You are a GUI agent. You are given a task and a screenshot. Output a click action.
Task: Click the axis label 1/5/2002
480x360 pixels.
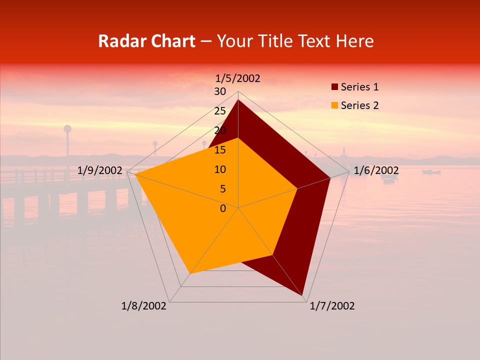point(237,78)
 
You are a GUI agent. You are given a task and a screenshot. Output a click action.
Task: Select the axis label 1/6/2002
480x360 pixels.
point(376,171)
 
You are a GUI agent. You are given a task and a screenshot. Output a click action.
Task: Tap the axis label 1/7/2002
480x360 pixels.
point(332,306)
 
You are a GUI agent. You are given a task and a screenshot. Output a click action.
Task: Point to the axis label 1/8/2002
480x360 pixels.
point(144,306)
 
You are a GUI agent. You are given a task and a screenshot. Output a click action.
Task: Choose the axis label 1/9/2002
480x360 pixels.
point(100,170)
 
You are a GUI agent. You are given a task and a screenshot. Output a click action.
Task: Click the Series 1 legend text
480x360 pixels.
point(359,87)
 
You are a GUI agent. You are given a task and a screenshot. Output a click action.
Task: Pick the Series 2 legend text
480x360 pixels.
point(359,105)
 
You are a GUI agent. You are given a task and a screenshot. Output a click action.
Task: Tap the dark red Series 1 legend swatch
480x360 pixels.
point(335,87)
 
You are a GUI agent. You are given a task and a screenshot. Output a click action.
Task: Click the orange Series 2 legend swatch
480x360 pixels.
point(335,105)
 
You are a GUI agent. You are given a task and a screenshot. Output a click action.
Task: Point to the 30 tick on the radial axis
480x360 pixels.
point(220,91)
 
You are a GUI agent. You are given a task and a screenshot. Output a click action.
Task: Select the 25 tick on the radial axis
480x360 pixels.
point(220,111)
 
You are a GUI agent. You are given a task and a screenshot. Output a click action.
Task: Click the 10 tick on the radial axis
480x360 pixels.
point(220,169)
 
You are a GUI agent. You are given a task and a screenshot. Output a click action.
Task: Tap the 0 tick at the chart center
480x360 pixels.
point(223,208)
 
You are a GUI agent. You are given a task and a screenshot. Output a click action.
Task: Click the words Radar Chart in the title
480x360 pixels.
point(146,41)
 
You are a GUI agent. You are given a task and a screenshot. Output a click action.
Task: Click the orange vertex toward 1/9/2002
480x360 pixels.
point(135,174)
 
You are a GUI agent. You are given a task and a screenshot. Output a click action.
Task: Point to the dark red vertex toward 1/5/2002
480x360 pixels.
point(238,100)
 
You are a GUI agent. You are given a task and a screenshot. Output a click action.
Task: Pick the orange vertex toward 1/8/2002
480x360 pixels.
point(190,273)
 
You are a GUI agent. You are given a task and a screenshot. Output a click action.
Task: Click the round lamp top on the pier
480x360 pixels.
point(67,129)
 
